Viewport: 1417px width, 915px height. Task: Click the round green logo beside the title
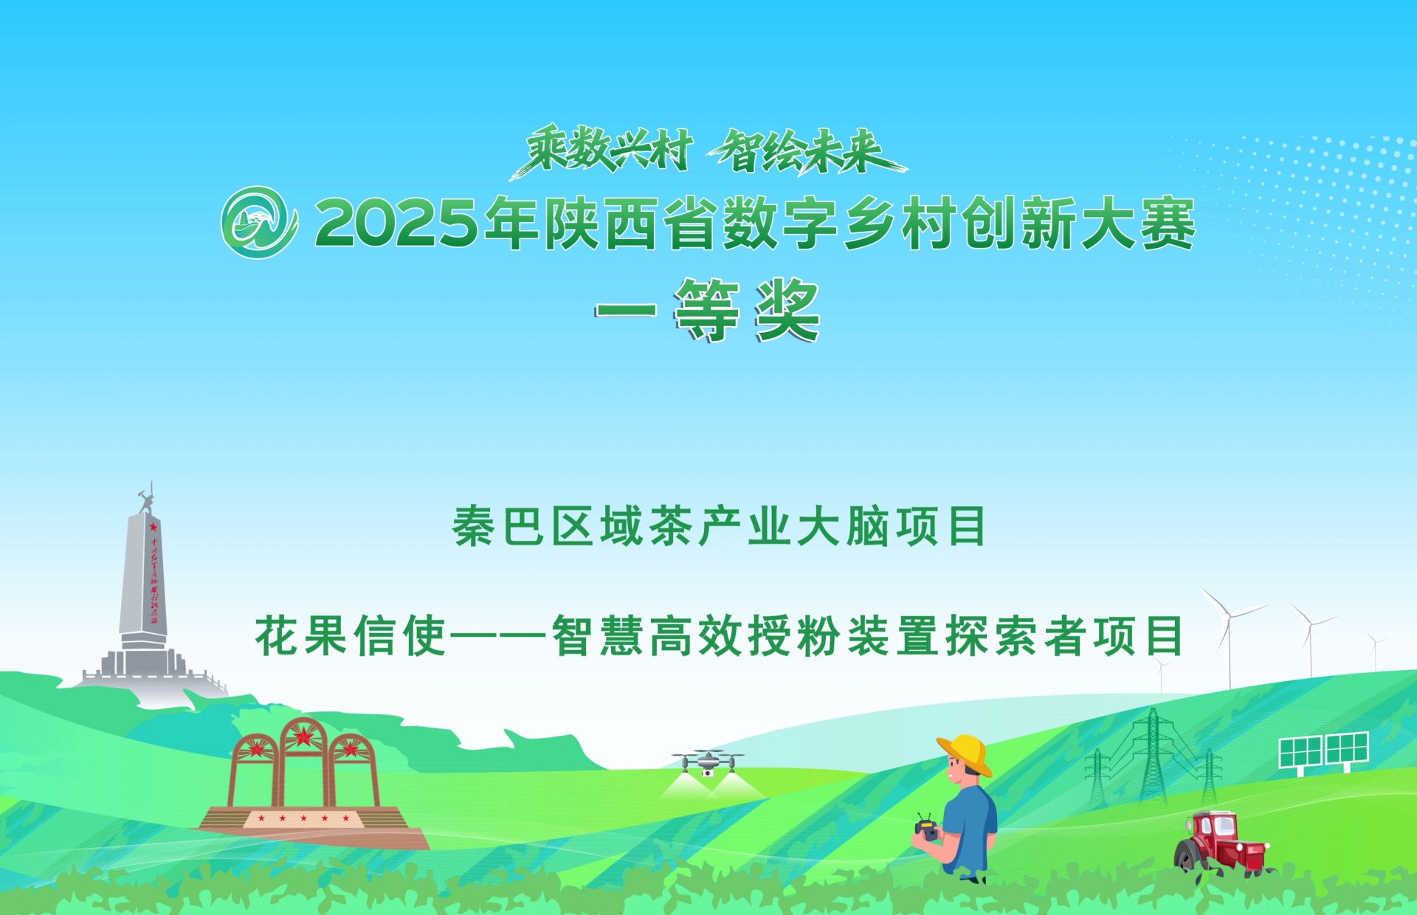(x=259, y=222)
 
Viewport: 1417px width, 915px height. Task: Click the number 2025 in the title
(x=397, y=224)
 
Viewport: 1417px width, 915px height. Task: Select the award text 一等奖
(x=708, y=311)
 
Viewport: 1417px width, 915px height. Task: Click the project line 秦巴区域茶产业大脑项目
(x=720, y=526)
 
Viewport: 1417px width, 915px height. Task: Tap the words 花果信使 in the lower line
(x=351, y=635)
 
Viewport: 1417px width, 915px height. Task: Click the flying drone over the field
(x=708, y=762)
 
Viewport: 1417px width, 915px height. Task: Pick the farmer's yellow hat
(x=965, y=753)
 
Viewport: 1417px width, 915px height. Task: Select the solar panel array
(x=1324, y=751)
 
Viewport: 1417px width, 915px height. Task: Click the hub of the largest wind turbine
(x=1230, y=616)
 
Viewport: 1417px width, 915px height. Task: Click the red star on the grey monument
(x=154, y=527)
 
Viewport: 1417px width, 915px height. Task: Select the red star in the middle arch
(x=303, y=735)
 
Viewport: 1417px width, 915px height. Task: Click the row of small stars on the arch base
(x=303, y=818)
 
